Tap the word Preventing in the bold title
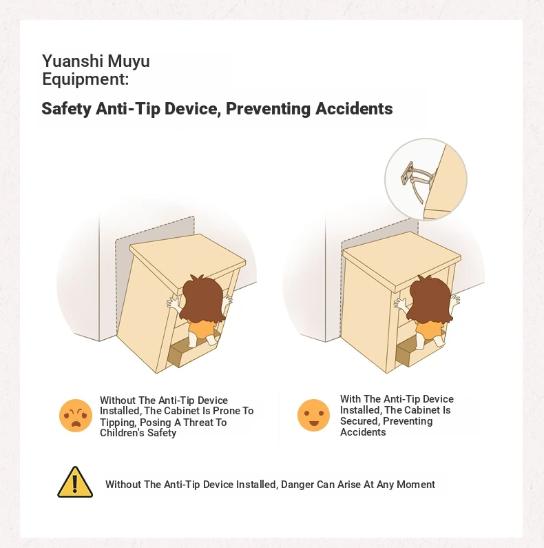268,109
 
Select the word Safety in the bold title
66,109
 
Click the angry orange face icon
76,416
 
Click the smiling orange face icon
313,415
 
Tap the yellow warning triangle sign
75,482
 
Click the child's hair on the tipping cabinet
203,298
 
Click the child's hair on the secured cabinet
430,298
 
